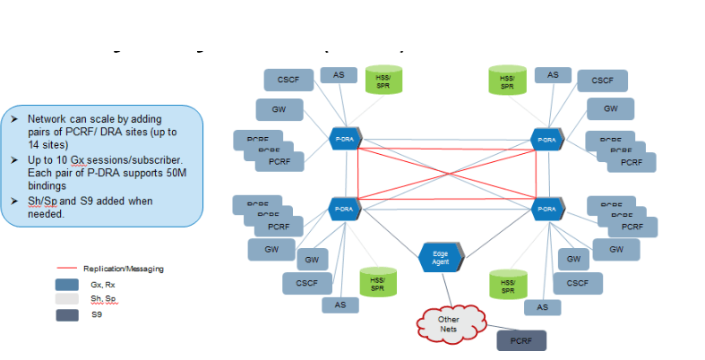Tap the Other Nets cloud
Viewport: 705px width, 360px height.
[448, 323]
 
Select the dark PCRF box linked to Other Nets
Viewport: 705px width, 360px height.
[520, 340]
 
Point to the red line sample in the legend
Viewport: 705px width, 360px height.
[68, 268]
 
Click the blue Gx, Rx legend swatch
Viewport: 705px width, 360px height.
[68, 283]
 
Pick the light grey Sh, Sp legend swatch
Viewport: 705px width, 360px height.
[68, 298]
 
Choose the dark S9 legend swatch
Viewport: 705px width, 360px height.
[68, 314]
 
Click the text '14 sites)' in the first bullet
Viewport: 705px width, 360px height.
[47, 143]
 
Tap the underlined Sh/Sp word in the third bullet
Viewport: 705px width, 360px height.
[39, 201]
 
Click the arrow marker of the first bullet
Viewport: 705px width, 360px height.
[14, 118]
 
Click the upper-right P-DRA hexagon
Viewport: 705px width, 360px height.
[546, 139]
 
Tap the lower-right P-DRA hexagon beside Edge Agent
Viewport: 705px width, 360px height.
[546, 208]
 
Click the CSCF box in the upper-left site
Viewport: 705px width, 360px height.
[288, 80]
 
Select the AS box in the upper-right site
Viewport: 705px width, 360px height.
[554, 74]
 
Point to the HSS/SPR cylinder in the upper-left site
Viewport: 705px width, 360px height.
[383, 80]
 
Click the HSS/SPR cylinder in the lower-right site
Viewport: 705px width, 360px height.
[508, 286]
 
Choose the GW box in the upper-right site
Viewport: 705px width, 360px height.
[610, 108]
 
